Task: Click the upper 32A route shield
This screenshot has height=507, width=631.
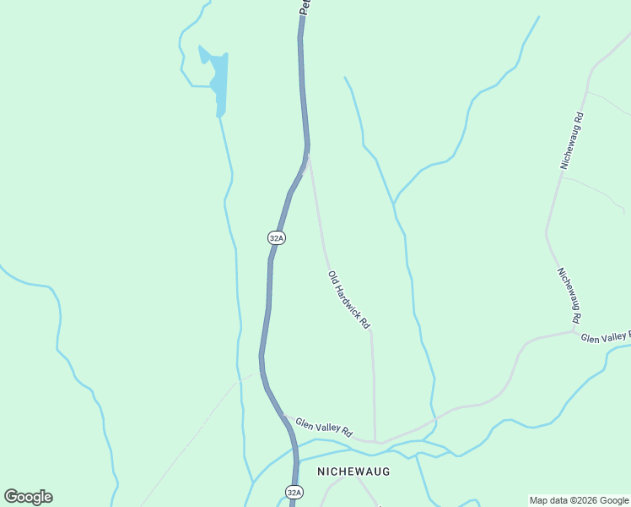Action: [277, 238]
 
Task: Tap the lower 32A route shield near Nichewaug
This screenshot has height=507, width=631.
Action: [293, 492]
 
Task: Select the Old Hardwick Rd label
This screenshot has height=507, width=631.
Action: [349, 300]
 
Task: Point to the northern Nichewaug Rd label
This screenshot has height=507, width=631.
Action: [572, 139]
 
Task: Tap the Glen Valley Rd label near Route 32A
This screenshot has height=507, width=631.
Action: [323, 426]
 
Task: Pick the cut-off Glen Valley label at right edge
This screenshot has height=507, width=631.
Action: [606, 337]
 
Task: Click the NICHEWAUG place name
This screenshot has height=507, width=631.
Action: [353, 472]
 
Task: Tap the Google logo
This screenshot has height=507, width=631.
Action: [28, 497]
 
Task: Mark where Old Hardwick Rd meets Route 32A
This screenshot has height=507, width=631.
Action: [308, 156]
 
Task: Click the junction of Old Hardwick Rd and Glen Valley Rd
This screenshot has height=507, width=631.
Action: [375, 441]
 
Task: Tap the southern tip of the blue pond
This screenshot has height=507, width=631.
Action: [219, 115]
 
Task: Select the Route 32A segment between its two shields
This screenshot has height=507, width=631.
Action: [267, 338]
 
